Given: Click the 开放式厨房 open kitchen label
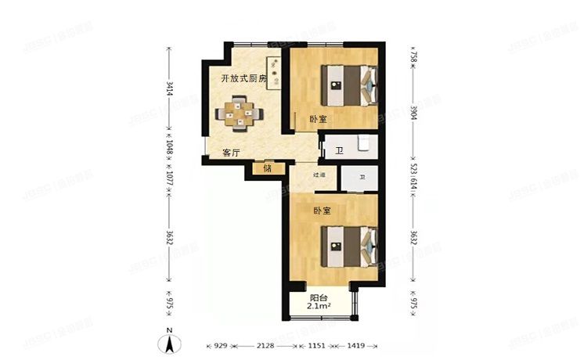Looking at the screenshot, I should tap(243, 78).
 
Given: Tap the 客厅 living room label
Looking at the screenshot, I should tap(231, 153).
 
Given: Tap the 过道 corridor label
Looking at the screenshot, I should tap(319, 175).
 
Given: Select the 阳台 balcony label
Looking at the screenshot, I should tap(318, 297).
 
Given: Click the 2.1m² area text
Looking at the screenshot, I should tap(319, 306).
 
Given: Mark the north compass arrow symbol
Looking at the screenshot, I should tap(168, 343).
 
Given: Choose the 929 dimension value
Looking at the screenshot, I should tap(221, 345).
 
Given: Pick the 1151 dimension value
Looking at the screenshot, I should tap(315, 345).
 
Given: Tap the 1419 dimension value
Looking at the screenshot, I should tap(356, 345).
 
